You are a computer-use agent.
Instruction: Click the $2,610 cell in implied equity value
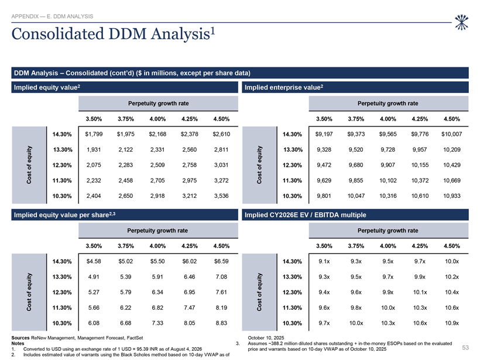coord(221,134)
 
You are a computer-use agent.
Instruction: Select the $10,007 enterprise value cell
coord(451,134)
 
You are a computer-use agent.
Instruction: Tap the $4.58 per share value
coord(94,262)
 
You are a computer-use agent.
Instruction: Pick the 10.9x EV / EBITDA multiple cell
coord(452,323)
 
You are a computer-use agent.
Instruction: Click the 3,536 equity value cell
coord(221,196)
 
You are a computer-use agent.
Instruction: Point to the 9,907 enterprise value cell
coord(388,165)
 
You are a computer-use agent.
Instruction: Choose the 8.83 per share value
coord(221,323)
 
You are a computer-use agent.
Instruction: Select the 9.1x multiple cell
coord(324,262)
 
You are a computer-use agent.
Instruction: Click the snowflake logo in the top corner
coord(461,22)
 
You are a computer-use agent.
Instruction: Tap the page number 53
coord(465,348)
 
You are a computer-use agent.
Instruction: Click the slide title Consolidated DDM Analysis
coord(113,33)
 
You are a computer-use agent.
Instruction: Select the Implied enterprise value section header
coord(284,88)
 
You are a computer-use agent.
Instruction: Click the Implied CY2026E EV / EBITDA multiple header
coord(305,215)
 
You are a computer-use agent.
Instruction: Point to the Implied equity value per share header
coord(64,215)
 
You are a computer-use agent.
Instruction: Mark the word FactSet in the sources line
coord(135,338)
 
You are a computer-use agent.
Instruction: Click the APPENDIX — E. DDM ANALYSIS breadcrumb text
coord(52,16)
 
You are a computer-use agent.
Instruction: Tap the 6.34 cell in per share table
coord(157,292)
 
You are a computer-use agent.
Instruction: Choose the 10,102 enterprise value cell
coord(388,181)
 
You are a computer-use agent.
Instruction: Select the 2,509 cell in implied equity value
coord(157,165)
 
